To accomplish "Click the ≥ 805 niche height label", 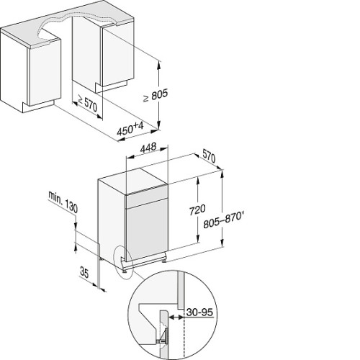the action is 156,95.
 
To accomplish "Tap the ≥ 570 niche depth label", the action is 87,104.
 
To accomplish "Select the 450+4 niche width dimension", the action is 130,129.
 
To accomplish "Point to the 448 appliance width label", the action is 148,148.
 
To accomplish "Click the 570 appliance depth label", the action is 209,156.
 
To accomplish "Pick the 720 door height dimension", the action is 197,210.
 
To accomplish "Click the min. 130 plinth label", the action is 63,202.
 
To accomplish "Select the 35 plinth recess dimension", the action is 84,273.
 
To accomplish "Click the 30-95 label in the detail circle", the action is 199,312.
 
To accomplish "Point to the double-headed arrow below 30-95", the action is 176,318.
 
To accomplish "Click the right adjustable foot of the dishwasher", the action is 164,260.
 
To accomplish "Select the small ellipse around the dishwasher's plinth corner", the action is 124,262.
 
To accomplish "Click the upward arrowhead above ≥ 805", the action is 158,65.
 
